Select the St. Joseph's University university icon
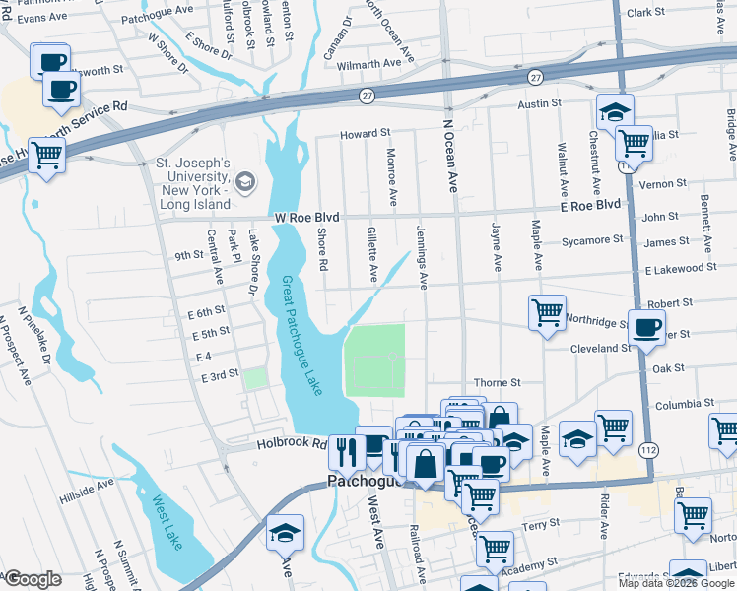pos(244,180)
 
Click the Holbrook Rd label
pos(292,443)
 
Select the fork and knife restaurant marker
pos(346,452)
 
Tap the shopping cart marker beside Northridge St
pos(547,312)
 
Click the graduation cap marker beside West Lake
pos(285,532)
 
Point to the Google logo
pos(32,579)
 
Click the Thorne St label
pos(496,382)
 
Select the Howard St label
pos(366,133)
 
